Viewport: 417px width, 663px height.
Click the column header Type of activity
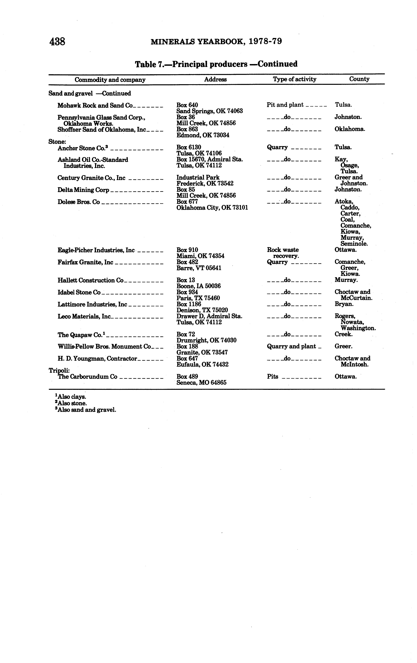295,79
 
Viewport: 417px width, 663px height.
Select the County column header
359,79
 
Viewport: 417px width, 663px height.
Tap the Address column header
215,79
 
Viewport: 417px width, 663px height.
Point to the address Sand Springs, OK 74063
209,111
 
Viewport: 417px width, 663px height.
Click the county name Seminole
354,244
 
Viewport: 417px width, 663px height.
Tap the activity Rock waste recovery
283,253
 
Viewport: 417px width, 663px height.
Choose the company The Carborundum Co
88,377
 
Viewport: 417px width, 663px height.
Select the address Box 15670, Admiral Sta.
209,159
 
